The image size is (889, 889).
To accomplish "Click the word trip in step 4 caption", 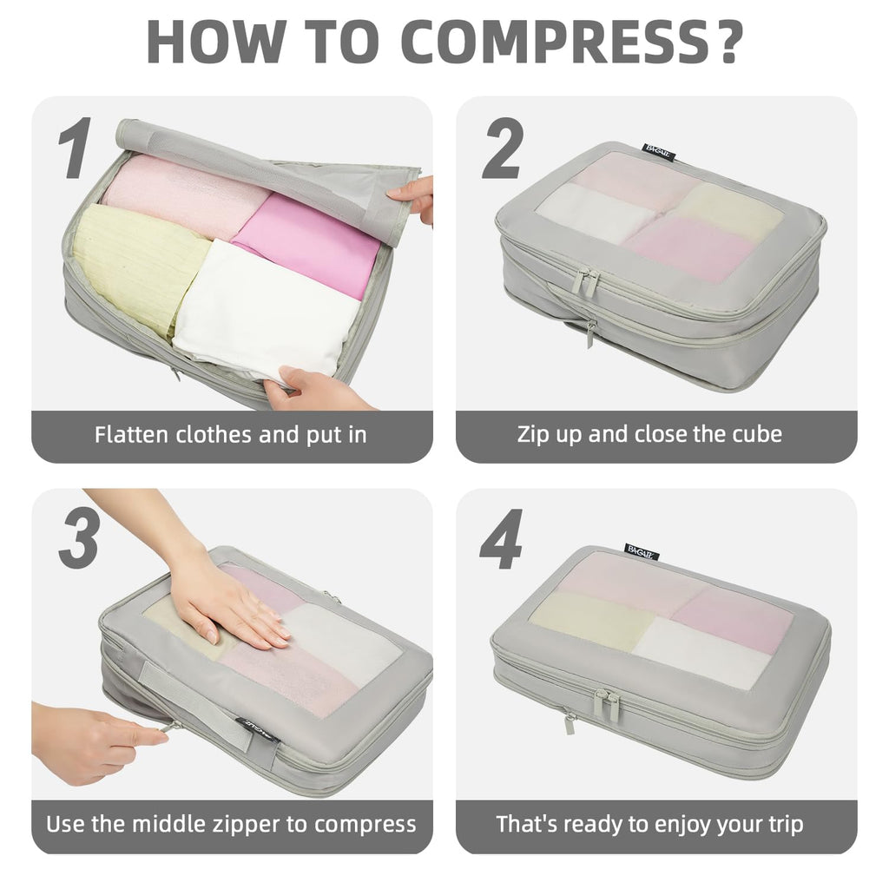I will coord(780,824).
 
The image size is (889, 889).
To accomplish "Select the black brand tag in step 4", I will coord(642,550).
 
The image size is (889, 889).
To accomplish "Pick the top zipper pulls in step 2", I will coord(585,282).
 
